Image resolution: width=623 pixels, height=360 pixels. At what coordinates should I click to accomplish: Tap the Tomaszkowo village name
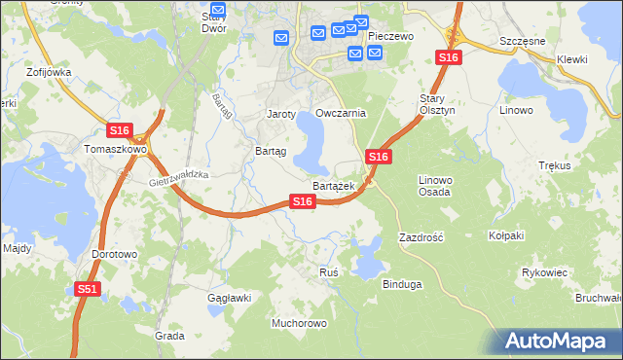click(x=115, y=150)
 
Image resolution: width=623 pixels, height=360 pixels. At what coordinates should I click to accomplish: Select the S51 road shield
click(x=88, y=289)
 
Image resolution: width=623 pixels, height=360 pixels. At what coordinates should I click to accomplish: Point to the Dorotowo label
click(x=115, y=254)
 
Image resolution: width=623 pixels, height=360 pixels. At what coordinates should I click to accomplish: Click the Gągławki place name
click(x=230, y=298)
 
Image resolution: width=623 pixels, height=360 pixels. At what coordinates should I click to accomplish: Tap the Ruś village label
click(x=329, y=272)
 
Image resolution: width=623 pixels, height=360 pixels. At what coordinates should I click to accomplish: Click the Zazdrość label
click(x=421, y=237)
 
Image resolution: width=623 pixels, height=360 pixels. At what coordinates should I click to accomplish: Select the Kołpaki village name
click(x=506, y=235)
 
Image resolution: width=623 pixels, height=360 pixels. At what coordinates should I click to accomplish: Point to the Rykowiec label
click(x=544, y=272)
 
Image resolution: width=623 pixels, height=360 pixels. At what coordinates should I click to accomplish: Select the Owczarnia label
click(x=340, y=113)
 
